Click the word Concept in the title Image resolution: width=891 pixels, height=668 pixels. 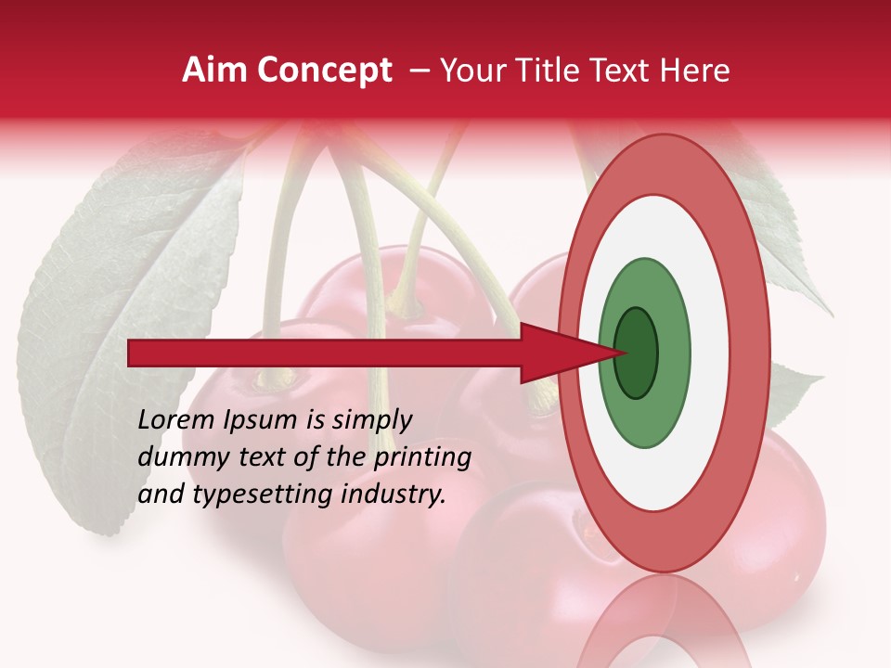323,71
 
